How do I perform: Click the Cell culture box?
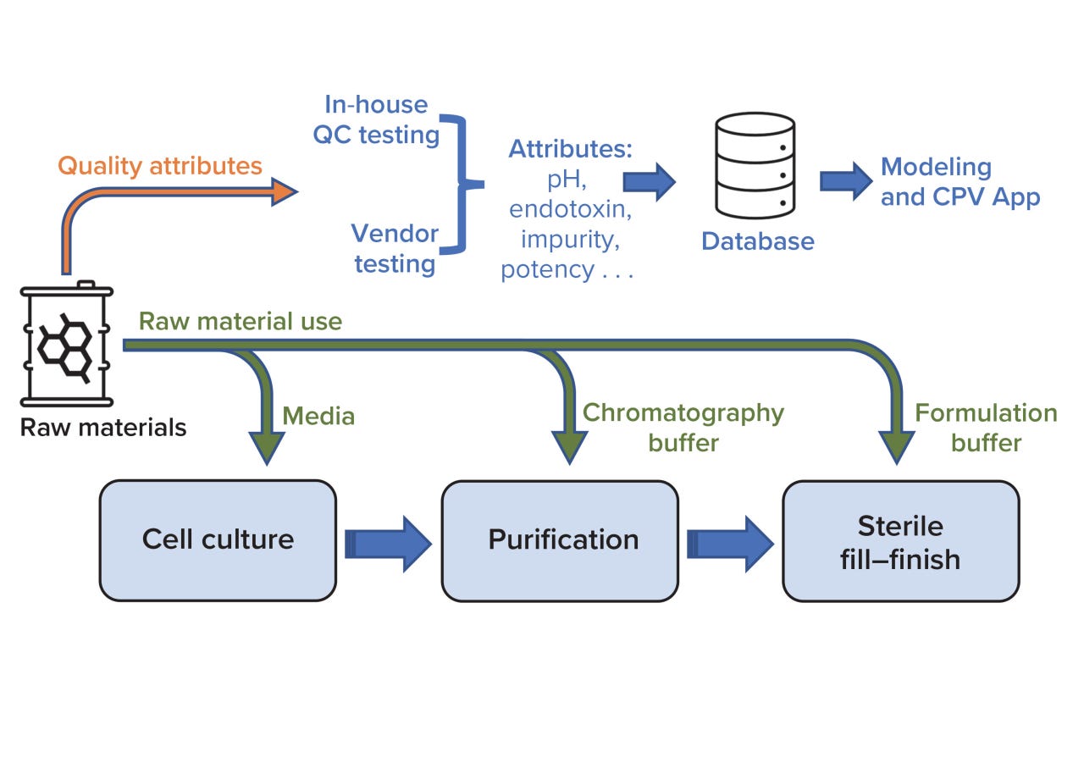(218, 540)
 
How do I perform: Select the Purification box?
(559, 540)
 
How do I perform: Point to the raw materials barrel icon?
(66, 344)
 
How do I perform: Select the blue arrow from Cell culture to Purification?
(388, 543)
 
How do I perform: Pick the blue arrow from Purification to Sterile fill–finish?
(730, 543)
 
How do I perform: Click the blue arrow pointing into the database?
(650, 181)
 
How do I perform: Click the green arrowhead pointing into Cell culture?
(266, 446)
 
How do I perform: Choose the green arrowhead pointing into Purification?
(568, 446)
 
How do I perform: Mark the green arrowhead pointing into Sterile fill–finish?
(896, 446)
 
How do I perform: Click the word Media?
(318, 416)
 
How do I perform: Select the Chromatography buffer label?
(683, 428)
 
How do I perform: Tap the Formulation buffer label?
(986, 428)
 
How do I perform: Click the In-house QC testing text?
(377, 119)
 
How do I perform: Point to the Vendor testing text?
(395, 248)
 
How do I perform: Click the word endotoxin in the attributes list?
(567, 209)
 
